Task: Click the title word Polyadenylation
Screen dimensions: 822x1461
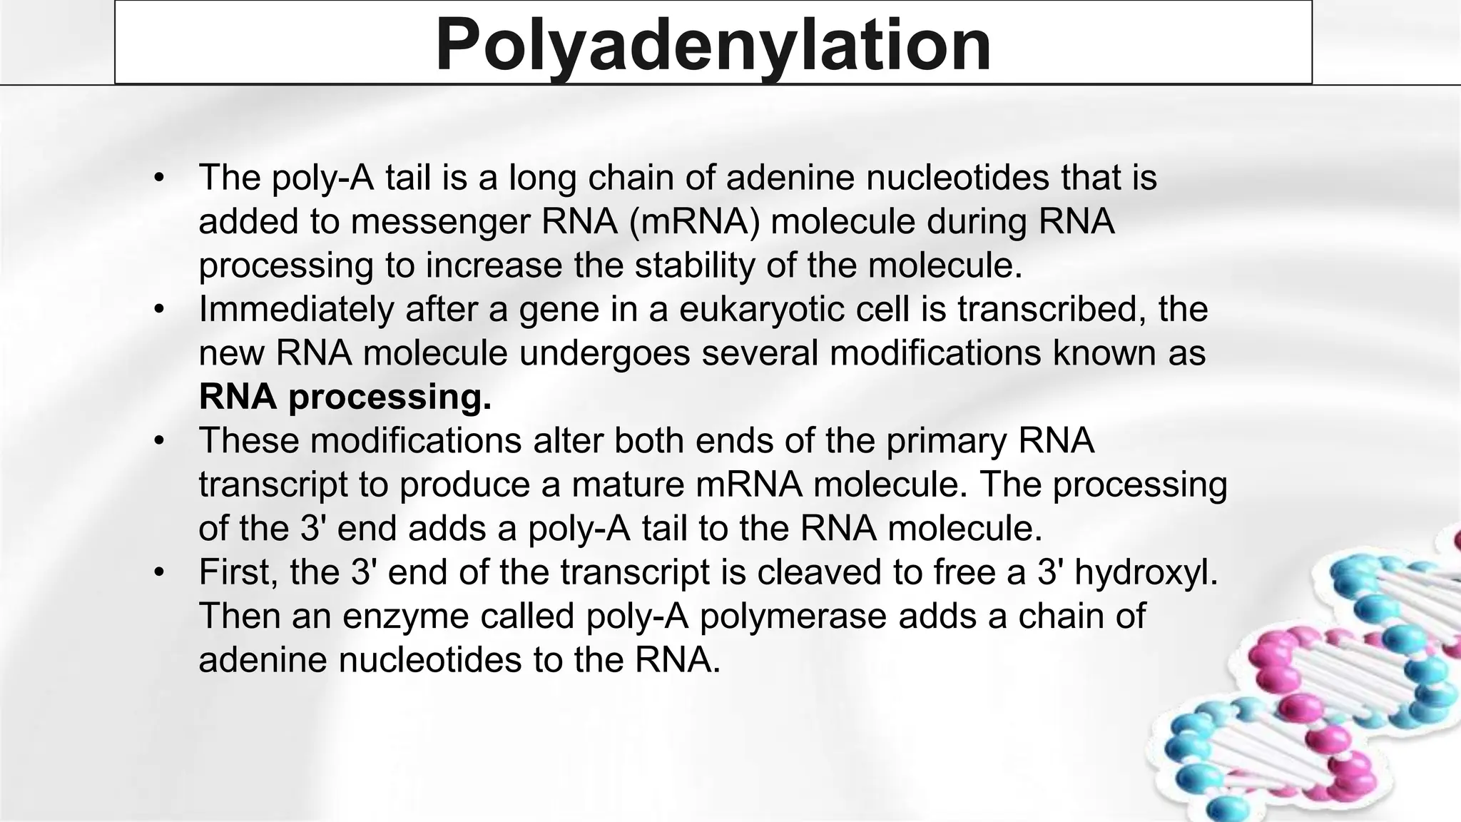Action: point(713,44)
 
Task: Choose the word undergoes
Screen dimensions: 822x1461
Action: point(604,353)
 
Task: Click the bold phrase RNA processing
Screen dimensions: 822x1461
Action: point(345,397)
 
